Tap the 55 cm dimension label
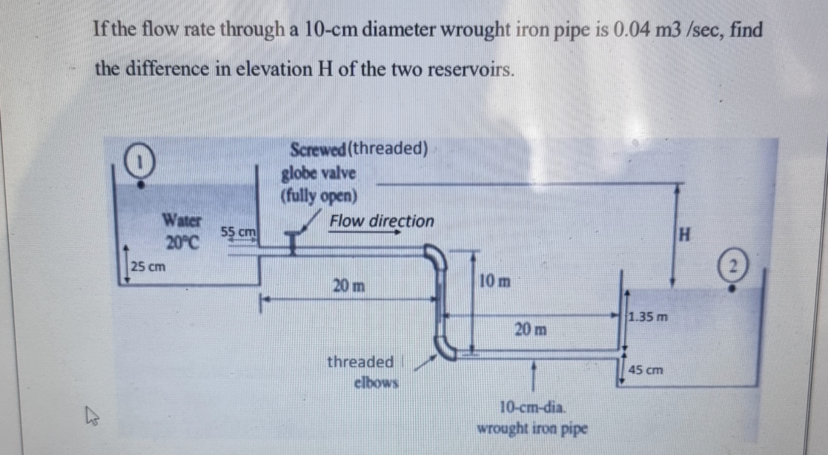tap(238, 232)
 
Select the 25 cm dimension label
tap(148, 267)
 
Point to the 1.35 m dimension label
tap(648, 317)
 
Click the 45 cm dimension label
tap(646, 370)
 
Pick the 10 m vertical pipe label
tap(495, 281)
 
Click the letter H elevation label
tap(684, 235)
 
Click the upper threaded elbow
tap(436, 257)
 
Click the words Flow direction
tap(382, 221)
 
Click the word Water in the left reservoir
tap(182, 221)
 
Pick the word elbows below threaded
tap(376, 383)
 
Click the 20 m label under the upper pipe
tap(348, 285)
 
